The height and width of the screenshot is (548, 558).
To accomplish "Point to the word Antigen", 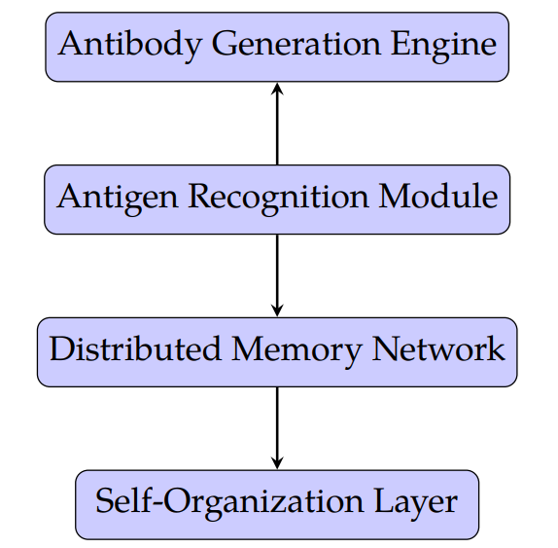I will tap(113, 198).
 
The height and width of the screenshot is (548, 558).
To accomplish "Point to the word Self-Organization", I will tap(228, 503).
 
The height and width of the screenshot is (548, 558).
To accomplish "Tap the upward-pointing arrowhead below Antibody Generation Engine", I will tap(277, 88).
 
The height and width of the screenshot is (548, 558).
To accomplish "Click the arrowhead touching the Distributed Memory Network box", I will tap(277, 311).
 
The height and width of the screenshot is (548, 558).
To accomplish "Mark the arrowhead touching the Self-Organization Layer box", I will tap(277, 463).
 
